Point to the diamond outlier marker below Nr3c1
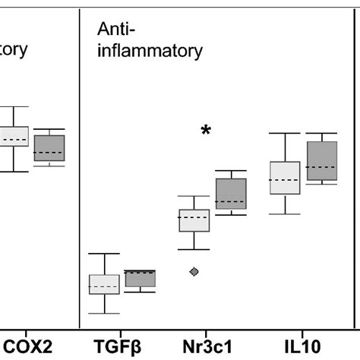(194, 271)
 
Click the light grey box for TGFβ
(104, 284)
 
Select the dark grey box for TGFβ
(140, 279)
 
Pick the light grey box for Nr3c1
(194, 220)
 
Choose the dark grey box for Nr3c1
(231, 194)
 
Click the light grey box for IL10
(285, 178)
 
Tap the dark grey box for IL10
(321, 161)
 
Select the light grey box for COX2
(14, 137)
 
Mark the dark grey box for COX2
(49, 148)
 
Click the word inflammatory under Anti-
(150, 52)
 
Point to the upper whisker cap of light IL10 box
(285, 134)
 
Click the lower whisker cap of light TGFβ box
(104, 313)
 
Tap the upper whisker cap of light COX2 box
(14, 107)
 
